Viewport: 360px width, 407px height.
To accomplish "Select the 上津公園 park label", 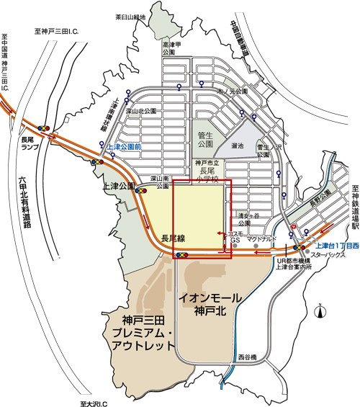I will click(120, 185).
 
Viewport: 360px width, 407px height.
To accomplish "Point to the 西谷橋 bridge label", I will click(247, 357).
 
